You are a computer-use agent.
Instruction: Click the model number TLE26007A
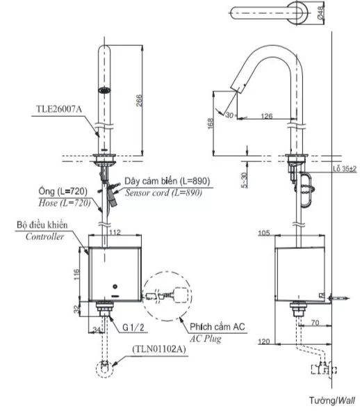(x=59, y=109)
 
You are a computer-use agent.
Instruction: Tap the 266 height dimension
(x=140, y=100)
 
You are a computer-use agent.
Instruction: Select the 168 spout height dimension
(x=211, y=124)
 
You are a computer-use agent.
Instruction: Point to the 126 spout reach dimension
(x=266, y=116)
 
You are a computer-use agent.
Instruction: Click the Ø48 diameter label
(x=320, y=13)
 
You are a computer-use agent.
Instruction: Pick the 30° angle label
(x=230, y=115)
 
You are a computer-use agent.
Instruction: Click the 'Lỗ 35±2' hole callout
(x=345, y=169)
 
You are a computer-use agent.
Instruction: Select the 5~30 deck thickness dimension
(x=244, y=180)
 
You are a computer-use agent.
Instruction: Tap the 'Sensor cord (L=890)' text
(x=163, y=193)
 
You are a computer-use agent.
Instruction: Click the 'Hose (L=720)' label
(x=65, y=203)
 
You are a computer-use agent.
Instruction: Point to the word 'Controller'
(x=44, y=236)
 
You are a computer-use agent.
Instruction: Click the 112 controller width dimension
(x=115, y=232)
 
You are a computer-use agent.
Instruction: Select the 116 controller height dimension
(x=76, y=274)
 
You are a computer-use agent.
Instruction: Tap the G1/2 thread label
(x=133, y=328)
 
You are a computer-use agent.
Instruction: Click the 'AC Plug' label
(x=206, y=339)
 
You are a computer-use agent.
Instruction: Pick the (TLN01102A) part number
(x=159, y=349)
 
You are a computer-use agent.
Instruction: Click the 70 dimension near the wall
(x=315, y=323)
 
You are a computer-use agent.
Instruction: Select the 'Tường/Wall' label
(x=332, y=401)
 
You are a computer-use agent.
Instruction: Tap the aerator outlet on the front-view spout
(x=104, y=90)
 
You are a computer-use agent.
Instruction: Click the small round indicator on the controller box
(x=115, y=287)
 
